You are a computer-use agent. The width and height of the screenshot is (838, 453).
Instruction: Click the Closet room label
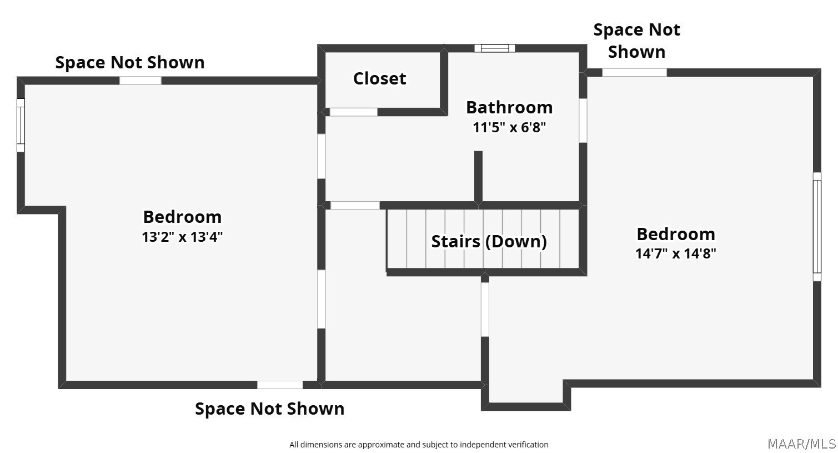[x=379, y=78]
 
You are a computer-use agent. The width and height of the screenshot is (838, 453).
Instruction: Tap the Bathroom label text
[x=509, y=107]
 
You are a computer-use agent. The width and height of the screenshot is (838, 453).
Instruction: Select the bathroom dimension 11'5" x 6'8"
[x=509, y=128]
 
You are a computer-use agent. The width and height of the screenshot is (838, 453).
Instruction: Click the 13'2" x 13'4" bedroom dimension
[x=182, y=237]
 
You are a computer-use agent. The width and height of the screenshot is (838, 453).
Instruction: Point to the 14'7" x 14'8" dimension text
[x=676, y=254]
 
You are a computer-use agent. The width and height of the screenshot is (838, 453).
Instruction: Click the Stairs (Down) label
[x=489, y=241]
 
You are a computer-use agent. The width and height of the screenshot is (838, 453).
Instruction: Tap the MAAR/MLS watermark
[x=802, y=444]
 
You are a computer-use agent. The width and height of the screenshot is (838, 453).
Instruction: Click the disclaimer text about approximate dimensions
[x=419, y=445]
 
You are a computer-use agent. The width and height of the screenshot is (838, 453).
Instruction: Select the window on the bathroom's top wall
[x=495, y=48]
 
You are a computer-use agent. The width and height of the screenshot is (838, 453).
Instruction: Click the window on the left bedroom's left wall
[x=21, y=125]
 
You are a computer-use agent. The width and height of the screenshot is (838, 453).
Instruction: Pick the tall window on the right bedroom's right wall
[x=817, y=227]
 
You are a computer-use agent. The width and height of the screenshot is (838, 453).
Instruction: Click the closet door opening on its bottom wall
[x=354, y=112]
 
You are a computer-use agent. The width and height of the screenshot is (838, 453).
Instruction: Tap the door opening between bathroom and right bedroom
[x=583, y=121]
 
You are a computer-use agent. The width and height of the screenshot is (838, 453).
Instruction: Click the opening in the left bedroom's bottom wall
[x=280, y=385]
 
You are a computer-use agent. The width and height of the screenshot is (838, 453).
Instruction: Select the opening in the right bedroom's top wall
[x=635, y=73]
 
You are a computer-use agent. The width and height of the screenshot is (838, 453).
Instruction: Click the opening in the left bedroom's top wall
[x=140, y=81]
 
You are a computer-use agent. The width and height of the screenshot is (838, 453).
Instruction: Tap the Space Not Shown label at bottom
[x=270, y=409]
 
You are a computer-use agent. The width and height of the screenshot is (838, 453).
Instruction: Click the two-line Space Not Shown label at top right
[x=637, y=41]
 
